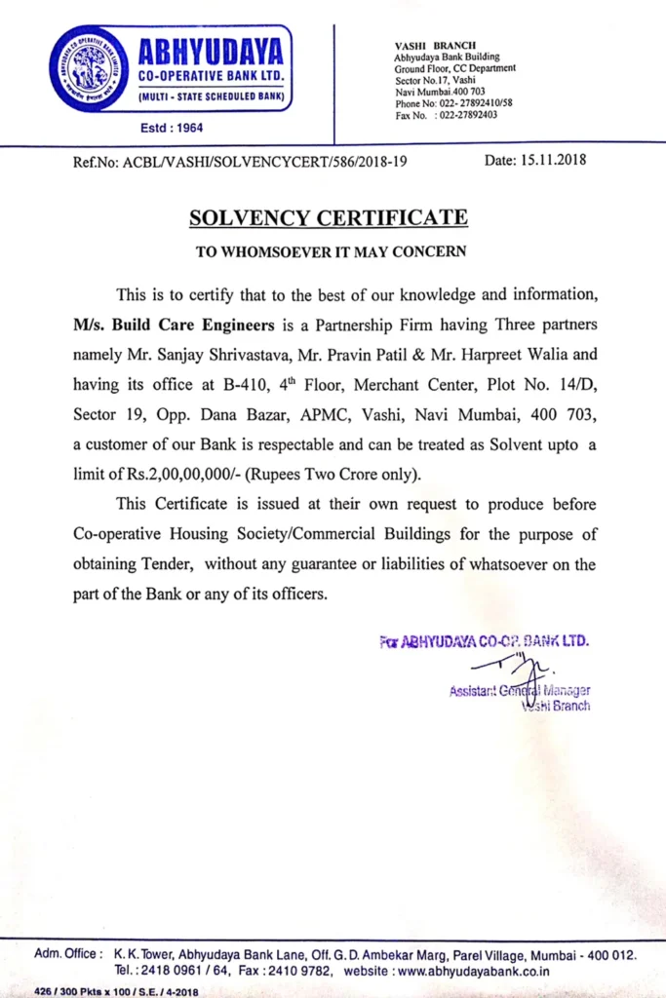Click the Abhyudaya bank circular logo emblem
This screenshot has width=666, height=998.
[89, 68]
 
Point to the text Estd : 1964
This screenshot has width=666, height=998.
[173, 128]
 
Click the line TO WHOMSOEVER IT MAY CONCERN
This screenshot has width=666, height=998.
[332, 250]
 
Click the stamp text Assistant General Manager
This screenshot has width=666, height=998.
[519, 691]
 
